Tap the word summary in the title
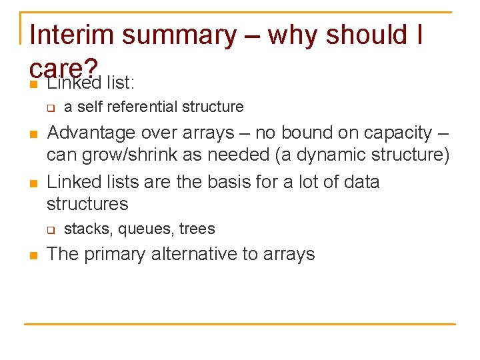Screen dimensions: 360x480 pyautogui.click(x=179, y=35)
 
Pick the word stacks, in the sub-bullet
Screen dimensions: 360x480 pyautogui.click(x=89, y=229)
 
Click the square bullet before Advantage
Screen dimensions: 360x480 pyautogui.click(x=33, y=134)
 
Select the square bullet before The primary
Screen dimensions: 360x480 pyautogui.click(x=33, y=255)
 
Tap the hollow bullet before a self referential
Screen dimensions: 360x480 pyautogui.click(x=49, y=108)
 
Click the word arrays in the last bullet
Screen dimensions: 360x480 pyautogui.click(x=290, y=254)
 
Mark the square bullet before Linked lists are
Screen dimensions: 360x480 pyautogui.click(x=33, y=183)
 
